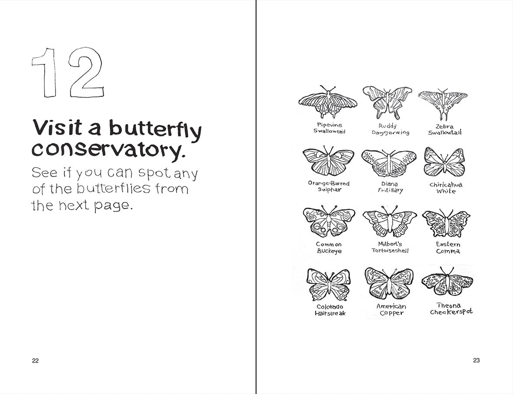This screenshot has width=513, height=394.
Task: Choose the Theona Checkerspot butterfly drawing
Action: pyautogui.click(x=448, y=282)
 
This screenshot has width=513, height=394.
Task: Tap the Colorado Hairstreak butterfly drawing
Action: pyautogui.click(x=329, y=285)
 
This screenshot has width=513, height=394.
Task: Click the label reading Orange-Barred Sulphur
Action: pyautogui.click(x=329, y=186)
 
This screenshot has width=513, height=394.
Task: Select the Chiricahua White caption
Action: pyautogui.click(x=446, y=188)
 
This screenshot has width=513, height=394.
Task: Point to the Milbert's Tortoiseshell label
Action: pyautogui.click(x=390, y=247)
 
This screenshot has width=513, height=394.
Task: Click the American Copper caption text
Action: pyautogui.click(x=391, y=310)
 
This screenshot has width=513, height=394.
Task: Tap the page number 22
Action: pyautogui.click(x=35, y=361)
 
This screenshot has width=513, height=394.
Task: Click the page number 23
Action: pyautogui.click(x=476, y=361)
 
